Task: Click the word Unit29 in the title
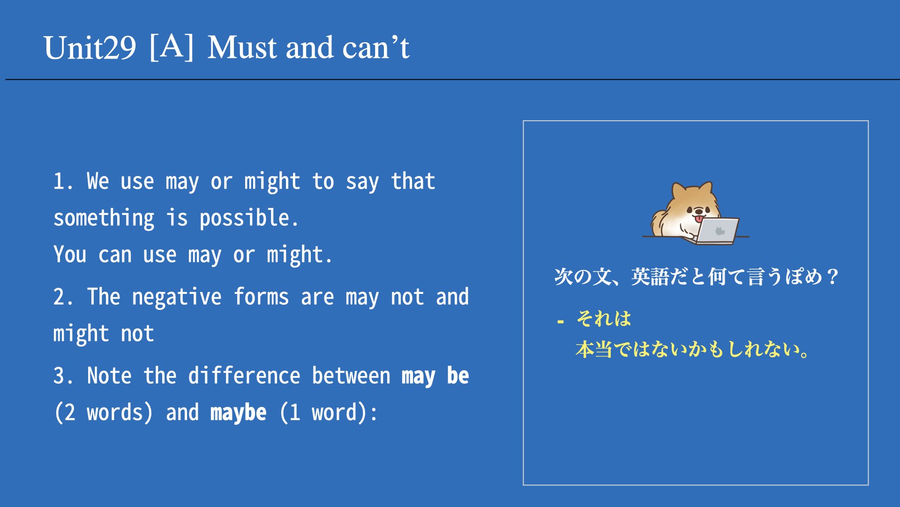point(90,48)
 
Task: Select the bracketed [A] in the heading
point(172,47)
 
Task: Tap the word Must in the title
point(242,48)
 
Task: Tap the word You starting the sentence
point(70,254)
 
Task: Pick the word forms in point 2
point(261,297)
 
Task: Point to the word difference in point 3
point(244,376)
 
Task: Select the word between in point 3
point(351,376)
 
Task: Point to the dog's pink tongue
point(698,219)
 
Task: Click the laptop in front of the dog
point(716,230)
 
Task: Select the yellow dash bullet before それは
point(561,322)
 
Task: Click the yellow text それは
point(604,319)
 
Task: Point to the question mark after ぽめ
point(833,277)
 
